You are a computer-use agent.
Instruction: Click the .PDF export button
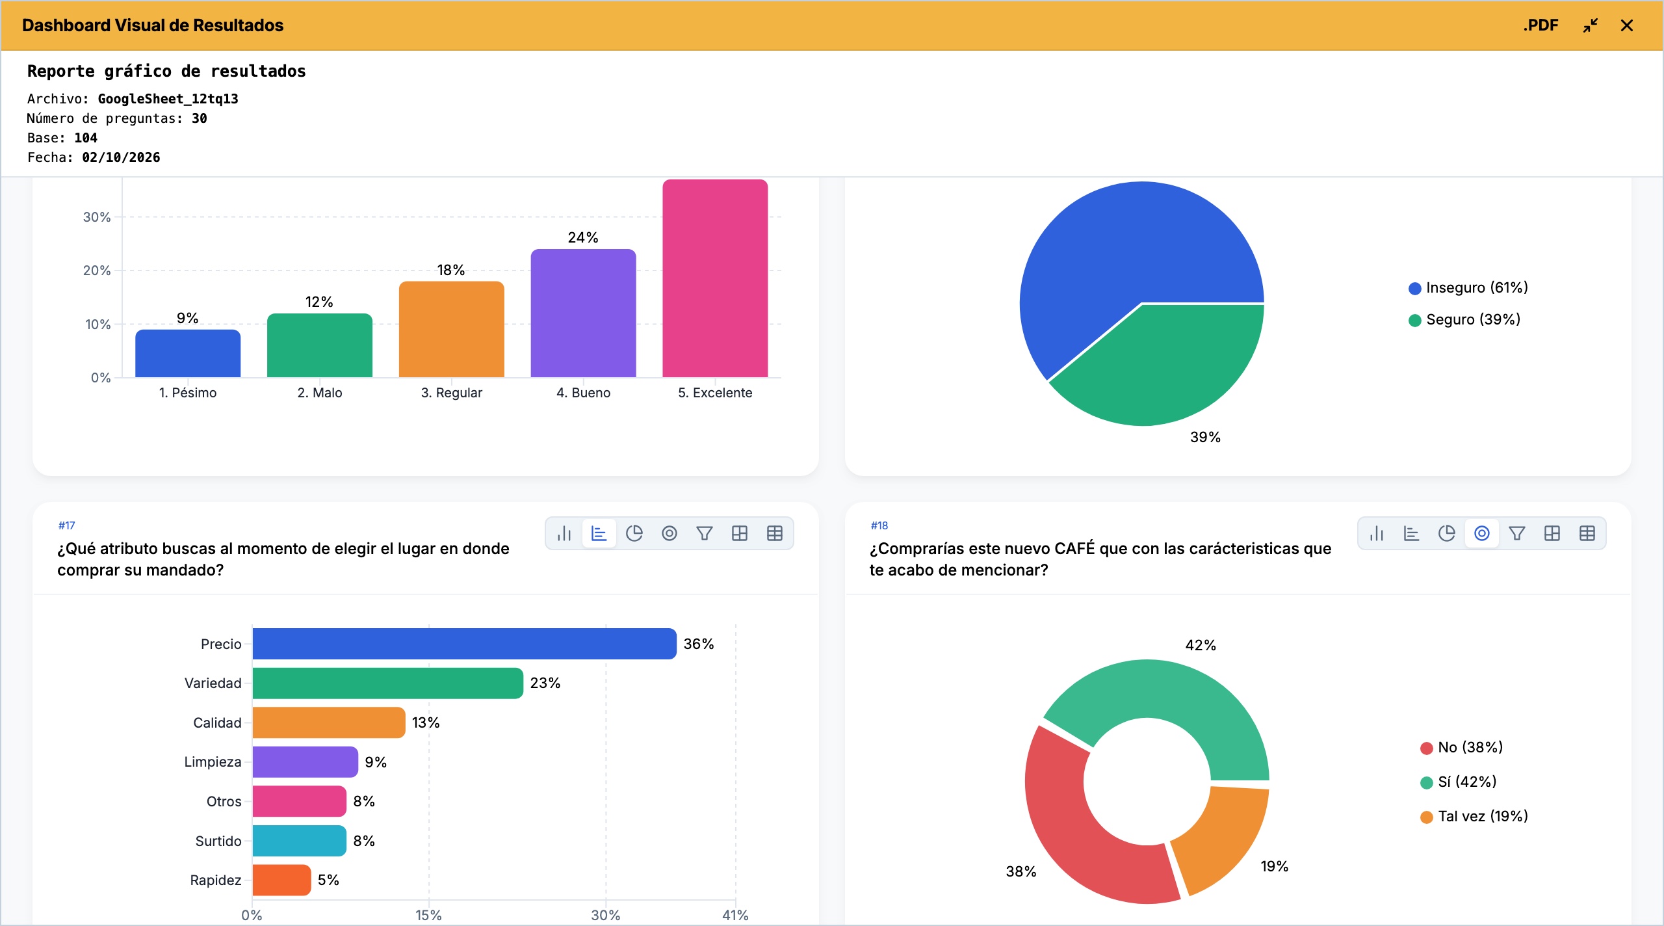pyautogui.click(x=1540, y=25)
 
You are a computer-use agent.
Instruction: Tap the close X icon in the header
pyautogui.click(x=1627, y=25)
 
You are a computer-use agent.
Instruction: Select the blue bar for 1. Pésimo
pyautogui.click(x=188, y=353)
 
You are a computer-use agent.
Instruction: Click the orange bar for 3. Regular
pyautogui.click(x=452, y=329)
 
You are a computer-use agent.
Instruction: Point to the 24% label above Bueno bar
pyautogui.click(x=583, y=237)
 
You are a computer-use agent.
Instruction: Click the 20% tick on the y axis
pyautogui.click(x=97, y=271)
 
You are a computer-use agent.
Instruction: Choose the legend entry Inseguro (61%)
pyautogui.click(x=1468, y=287)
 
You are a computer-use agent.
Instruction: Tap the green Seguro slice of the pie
pyautogui.click(x=1163, y=364)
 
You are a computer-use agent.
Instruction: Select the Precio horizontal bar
pyautogui.click(x=464, y=644)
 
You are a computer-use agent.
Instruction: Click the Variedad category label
pyautogui.click(x=213, y=683)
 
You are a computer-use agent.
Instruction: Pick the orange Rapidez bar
pyautogui.click(x=281, y=880)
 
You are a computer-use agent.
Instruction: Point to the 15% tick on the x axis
pyautogui.click(x=428, y=915)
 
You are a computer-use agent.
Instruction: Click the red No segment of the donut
pyautogui.click(x=1079, y=826)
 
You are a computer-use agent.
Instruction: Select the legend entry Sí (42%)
pyautogui.click(x=1459, y=782)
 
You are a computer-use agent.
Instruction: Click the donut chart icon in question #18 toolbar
pyautogui.click(x=1482, y=534)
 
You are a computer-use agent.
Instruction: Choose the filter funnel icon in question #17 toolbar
pyautogui.click(x=705, y=534)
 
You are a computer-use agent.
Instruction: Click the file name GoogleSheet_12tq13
pyautogui.click(x=168, y=99)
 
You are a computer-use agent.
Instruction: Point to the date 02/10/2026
pyautogui.click(x=121, y=157)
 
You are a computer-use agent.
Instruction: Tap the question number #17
pyautogui.click(x=66, y=525)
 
